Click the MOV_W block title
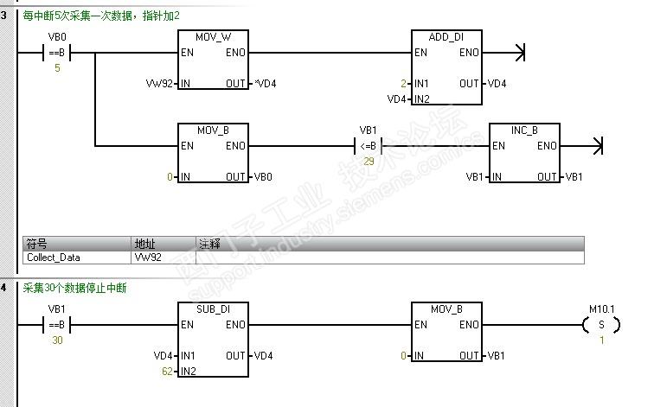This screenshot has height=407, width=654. tap(212, 37)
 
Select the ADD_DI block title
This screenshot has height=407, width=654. tap(446, 37)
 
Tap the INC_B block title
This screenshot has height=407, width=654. tap(524, 130)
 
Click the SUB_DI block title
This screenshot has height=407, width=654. tap(212, 308)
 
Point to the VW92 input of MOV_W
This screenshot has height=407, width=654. tap(162, 84)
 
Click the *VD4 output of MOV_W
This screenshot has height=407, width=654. tap(265, 84)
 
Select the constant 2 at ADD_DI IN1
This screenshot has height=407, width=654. tap(403, 84)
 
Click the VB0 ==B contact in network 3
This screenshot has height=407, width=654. tap(56, 53)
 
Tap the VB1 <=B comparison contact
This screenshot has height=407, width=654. tap(368, 146)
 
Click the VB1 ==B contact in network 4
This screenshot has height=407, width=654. tap(56, 325)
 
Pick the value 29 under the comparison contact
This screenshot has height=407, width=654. tap(369, 162)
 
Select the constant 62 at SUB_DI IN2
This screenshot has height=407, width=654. tap(167, 371)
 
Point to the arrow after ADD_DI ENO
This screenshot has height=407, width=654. tap(518, 53)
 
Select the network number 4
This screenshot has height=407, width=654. tap(4, 288)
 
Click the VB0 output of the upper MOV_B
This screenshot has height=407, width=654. tap(261, 177)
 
